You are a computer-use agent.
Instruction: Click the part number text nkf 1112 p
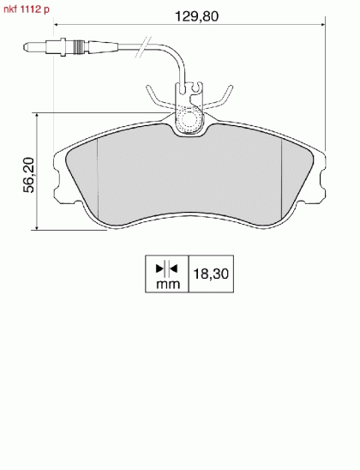[x=27, y=9]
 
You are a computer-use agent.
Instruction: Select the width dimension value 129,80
[x=197, y=16]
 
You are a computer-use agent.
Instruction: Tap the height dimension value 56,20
[x=29, y=175]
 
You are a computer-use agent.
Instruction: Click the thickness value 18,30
[x=211, y=274]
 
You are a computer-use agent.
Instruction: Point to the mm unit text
[x=168, y=284]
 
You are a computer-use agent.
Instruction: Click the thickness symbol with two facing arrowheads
[x=167, y=268]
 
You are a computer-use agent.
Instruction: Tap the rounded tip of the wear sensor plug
[x=26, y=47]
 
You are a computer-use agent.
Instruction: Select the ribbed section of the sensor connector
[x=78, y=47]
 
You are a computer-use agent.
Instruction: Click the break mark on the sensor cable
[x=143, y=47]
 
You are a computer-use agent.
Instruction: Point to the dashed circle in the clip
[x=189, y=119]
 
